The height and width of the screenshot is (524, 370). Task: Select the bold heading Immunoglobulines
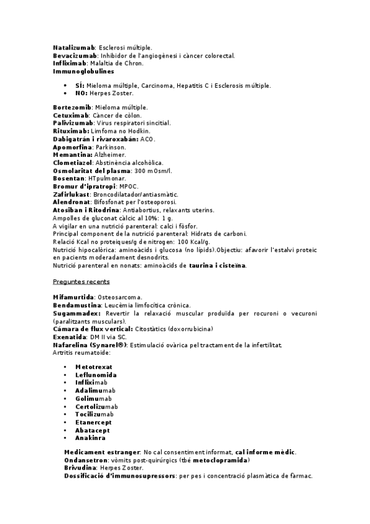[83, 72]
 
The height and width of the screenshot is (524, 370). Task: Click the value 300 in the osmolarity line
[141, 171]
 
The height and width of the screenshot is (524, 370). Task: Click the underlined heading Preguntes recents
[82, 282]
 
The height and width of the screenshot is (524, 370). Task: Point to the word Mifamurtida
[74, 298]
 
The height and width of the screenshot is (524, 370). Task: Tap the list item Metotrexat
[94, 367]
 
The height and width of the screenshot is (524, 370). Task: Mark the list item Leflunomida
[96, 375]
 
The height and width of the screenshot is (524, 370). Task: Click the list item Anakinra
[90, 438]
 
